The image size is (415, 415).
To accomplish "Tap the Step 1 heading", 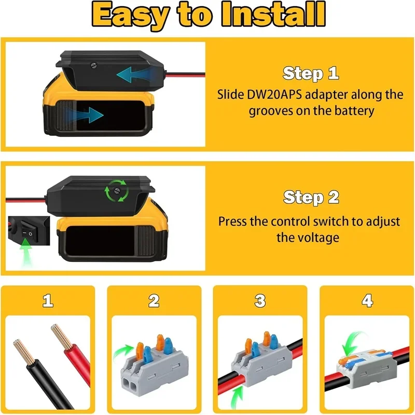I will coord(311,74).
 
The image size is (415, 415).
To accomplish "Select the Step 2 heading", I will coord(311,198).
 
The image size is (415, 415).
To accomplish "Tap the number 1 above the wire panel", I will coord(48,301).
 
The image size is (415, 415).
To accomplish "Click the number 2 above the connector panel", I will coord(154,301).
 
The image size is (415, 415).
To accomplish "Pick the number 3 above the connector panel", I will coord(260,301).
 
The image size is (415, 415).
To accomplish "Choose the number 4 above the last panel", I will coord(367,301).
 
